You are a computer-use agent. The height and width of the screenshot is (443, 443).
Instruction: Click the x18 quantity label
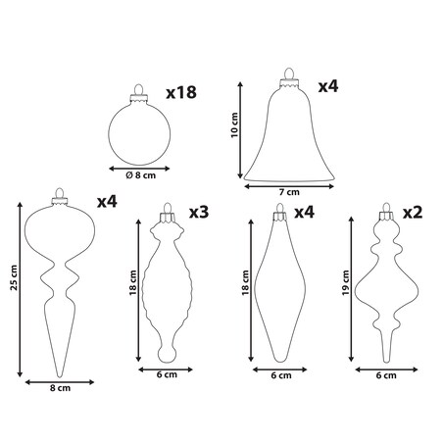pyautogui.click(x=181, y=92)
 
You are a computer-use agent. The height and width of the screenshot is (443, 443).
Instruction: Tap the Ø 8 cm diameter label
pyautogui.click(x=141, y=175)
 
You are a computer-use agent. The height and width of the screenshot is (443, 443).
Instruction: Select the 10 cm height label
pyautogui.click(x=234, y=125)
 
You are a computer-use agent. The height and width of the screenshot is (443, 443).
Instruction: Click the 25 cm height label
pyautogui.click(x=14, y=277)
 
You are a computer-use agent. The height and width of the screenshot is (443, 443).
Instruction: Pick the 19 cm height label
pyautogui.click(x=345, y=282)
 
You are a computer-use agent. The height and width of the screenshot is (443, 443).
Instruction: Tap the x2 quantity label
pyautogui.click(x=413, y=213)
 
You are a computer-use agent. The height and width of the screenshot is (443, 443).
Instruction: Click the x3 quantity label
pyautogui.click(x=199, y=213)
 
